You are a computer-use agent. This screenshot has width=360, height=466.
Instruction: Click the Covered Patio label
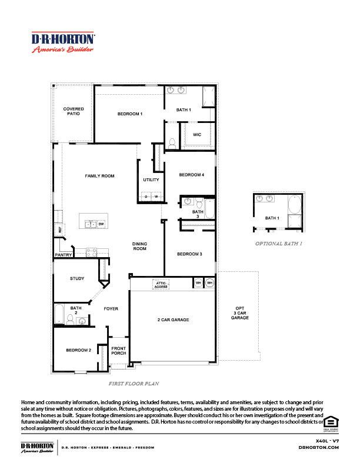[74, 111]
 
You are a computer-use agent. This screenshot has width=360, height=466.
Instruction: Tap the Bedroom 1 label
[129, 114]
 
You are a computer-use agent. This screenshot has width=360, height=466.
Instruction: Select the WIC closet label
[197, 135]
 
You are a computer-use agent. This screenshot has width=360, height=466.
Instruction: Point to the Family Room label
[99, 176]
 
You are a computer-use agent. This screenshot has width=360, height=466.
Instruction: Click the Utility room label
[151, 179]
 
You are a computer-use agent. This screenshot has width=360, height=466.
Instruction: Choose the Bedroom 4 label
[191, 175]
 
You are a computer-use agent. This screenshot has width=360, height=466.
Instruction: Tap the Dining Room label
[139, 246]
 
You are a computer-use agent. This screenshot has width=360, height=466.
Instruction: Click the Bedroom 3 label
[190, 254]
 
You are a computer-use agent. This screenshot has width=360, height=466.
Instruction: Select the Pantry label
[63, 255]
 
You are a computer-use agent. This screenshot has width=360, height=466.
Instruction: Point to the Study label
[77, 278]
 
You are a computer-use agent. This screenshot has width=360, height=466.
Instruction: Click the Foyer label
[111, 308]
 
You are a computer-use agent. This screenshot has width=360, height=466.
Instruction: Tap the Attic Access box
[161, 284]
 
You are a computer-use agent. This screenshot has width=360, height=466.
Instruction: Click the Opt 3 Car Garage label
[239, 313]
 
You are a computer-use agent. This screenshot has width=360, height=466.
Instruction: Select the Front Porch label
[119, 351]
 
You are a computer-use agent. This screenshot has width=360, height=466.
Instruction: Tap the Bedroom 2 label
[78, 350]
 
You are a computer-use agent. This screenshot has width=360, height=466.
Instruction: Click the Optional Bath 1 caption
[279, 243]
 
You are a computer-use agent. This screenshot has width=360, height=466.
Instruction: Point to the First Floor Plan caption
[134, 383]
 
